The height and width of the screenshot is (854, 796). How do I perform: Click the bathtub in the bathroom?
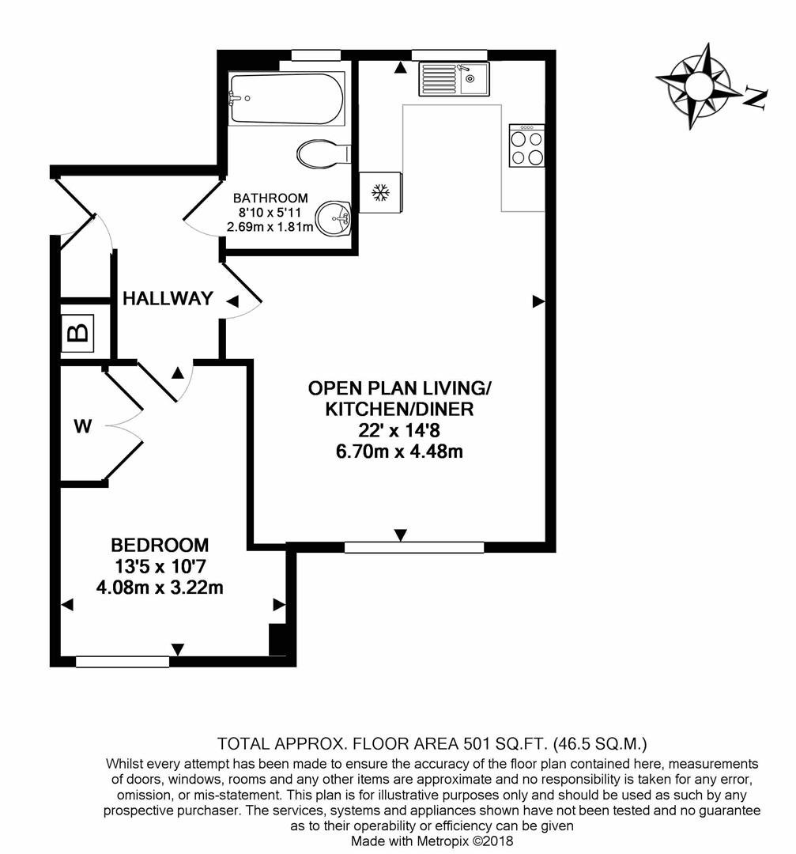(x=286, y=99)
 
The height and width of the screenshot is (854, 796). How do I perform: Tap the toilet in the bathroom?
(x=323, y=153)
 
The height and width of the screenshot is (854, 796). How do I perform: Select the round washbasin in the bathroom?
(x=334, y=219)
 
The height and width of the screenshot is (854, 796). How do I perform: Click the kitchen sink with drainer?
(x=454, y=79)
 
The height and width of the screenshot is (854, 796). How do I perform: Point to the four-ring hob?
(x=526, y=145)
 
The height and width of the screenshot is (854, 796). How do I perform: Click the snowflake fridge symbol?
(x=381, y=193)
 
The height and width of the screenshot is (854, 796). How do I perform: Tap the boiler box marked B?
(x=77, y=333)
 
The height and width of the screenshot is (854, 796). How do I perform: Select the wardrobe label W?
(x=83, y=426)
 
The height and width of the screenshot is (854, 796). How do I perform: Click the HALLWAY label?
(x=168, y=298)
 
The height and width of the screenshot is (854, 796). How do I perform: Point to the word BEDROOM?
(x=160, y=545)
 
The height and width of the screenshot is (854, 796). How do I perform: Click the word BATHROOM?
(x=270, y=198)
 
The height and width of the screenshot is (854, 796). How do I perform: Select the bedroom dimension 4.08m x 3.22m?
(x=160, y=588)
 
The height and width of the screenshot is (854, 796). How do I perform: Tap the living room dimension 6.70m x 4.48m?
(x=400, y=452)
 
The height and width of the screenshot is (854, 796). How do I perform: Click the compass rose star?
(x=696, y=85)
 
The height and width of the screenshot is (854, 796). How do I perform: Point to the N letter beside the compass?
(x=756, y=98)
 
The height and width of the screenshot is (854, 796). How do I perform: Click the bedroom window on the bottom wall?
(x=123, y=662)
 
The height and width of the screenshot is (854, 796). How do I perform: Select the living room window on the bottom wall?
(x=414, y=547)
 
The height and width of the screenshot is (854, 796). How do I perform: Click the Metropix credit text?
(x=432, y=841)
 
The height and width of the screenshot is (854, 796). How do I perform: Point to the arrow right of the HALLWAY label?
(x=232, y=301)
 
